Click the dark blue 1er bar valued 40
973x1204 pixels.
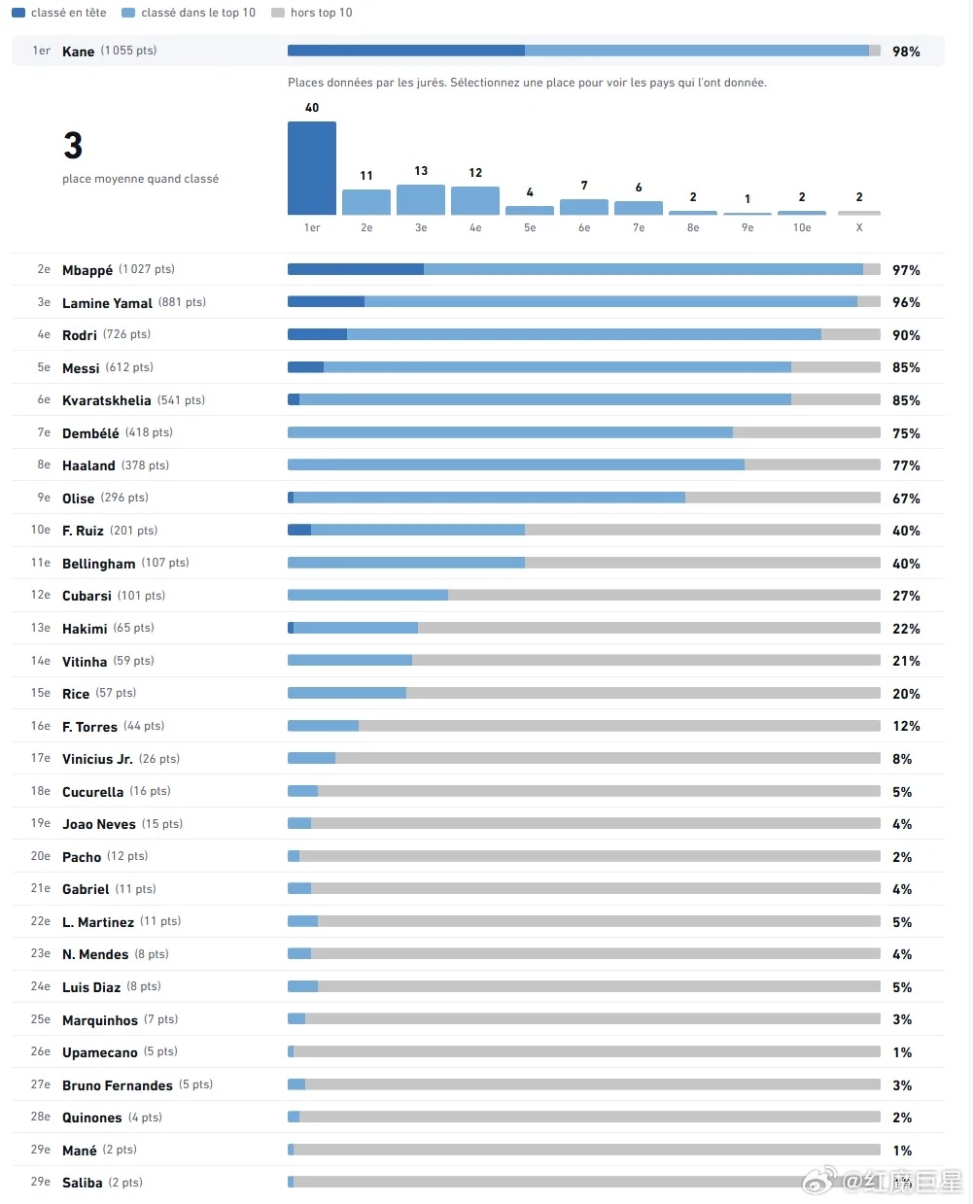(x=311, y=168)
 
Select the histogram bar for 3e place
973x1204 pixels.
(x=421, y=199)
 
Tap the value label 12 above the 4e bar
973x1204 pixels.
(x=475, y=172)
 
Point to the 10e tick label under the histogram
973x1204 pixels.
(x=802, y=227)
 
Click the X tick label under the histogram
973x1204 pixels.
(x=859, y=227)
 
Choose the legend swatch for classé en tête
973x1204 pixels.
(x=18, y=13)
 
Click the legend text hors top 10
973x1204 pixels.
(x=321, y=13)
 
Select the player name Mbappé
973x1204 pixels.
(x=87, y=270)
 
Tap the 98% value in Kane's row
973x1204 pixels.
(x=906, y=52)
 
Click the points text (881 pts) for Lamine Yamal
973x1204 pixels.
(x=182, y=302)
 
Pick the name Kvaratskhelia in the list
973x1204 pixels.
(x=106, y=400)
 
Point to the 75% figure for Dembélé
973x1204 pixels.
(x=906, y=433)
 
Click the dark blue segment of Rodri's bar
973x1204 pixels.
(x=317, y=334)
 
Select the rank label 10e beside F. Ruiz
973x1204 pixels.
(x=41, y=530)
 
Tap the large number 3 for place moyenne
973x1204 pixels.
(x=73, y=145)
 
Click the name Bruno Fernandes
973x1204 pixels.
(x=117, y=1085)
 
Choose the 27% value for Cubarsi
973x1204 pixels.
(x=906, y=596)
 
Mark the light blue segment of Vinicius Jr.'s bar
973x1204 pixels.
(x=311, y=758)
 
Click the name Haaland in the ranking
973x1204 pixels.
(x=88, y=465)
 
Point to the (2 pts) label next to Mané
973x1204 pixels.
(x=120, y=1150)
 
